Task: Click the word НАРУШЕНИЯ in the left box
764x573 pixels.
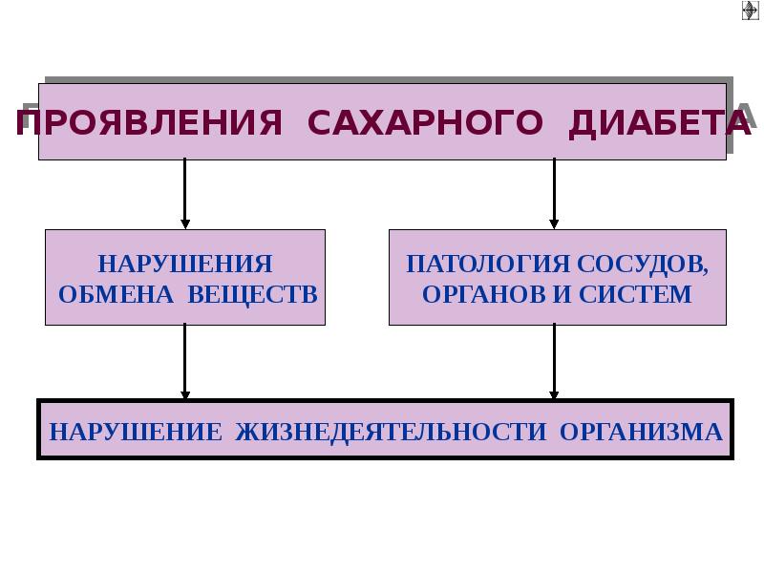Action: click(x=185, y=264)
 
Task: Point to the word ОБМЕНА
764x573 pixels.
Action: click(x=114, y=293)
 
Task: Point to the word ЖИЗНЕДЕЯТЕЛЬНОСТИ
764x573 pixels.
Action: click(x=390, y=432)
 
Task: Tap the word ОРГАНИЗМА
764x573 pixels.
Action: click(x=641, y=432)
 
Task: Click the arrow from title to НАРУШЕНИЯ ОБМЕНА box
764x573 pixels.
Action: click(x=185, y=195)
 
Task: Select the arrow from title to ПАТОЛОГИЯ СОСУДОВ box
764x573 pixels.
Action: click(x=554, y=195)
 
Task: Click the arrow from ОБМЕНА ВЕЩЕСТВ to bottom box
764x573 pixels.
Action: click(x=185, y=363)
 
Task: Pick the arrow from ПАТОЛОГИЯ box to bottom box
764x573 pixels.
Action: click(x=554, y=363)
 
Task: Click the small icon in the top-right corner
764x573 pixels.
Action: click(x=751, y=11)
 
